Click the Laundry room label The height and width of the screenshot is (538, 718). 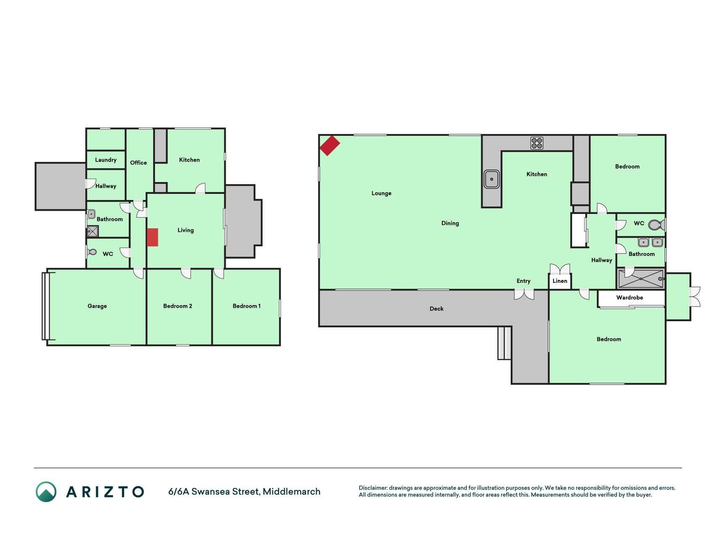click(x=106, y=160)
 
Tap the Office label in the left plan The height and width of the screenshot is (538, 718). click(x=138, y=163)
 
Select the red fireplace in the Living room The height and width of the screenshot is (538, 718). click(x=152, y=237)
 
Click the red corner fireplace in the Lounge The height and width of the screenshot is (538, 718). click(x=330, y=145)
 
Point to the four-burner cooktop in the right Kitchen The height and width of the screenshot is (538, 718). click(x=537, y=143)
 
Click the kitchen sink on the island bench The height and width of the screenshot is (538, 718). click(x=491, y=179)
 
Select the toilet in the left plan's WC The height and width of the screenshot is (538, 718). click(x=92, y=252)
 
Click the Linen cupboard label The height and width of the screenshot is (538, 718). click(x=560, y=281)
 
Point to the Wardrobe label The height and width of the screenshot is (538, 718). click(x=630, y=298)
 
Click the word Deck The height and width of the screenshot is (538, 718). click(x=437, y=309)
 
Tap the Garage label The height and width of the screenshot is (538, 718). click(x=97, y=306)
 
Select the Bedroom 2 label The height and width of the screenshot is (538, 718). click(x=178, y=306)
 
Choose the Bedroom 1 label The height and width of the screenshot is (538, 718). click(x=246, y=306)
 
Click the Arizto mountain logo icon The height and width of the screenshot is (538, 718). click(x=46, y=492)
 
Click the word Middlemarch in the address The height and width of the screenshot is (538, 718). click(x=291, y=491)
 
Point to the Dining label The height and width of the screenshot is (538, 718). click(x=450, y=223)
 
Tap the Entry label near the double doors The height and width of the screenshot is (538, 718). click(x=524, y=281)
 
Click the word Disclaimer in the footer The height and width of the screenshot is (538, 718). click(x=373, y=488)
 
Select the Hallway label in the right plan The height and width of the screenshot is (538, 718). click(x=601, y=260)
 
